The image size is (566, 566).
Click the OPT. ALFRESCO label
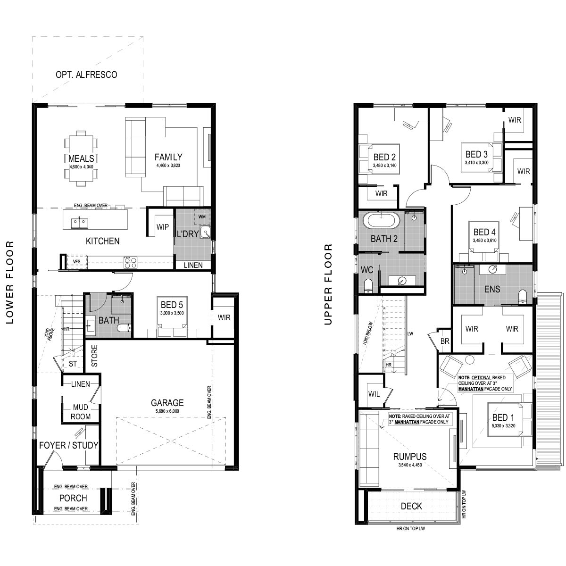[x=86, y=75]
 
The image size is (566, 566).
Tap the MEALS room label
[x=81, y=158]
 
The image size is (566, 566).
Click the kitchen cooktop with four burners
[x=130, y=262]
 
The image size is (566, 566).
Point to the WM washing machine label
[x=202, y=217]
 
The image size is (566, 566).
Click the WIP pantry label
[x=162, y=227]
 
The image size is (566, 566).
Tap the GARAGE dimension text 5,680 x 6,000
[x=167, y=411]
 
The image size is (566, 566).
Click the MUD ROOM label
[x=81, y=412]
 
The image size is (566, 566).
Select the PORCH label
[x=73, y=498]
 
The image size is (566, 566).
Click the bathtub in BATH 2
[x=381, y=220]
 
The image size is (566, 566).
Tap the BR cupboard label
[x=445, y=341]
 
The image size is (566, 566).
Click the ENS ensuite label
[x=492, y=289]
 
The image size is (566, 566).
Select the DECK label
[x=411, y=506]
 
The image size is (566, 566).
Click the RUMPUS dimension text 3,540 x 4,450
[x=410, y=465]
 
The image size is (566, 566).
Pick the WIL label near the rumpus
[x=374, y=394]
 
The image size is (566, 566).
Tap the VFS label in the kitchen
[x=77, y=261]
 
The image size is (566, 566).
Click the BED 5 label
[x=172, y=305]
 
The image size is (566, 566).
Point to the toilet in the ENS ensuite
[x=523, y=296]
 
